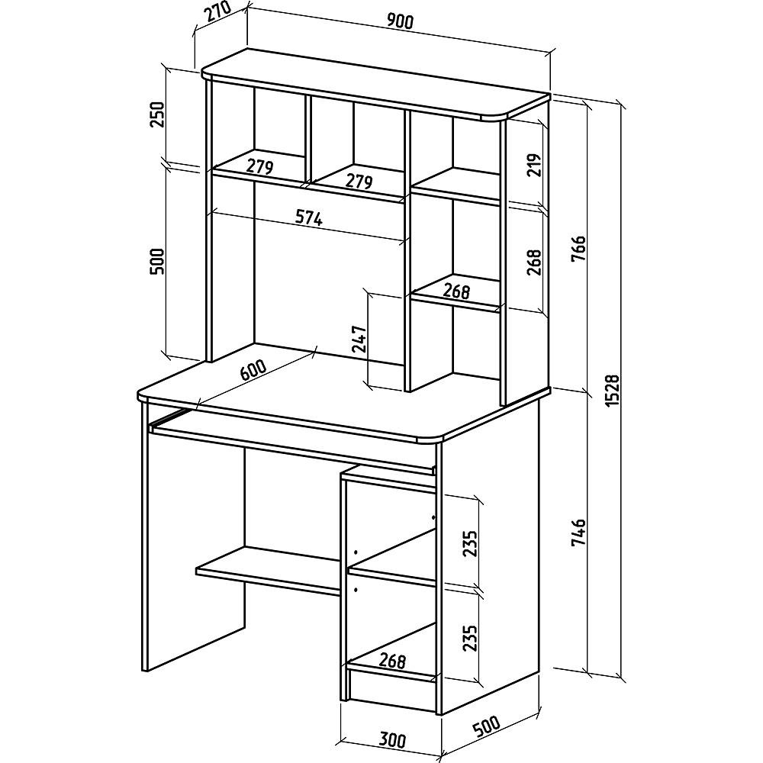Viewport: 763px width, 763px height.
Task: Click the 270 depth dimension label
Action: coord(217,15)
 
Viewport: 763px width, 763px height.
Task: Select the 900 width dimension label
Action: coord(400,21)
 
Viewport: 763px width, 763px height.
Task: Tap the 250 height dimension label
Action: coord(156,114)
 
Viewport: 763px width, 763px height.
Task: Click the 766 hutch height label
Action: coord(578,250)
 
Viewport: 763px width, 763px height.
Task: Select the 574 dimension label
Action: coord(310,218)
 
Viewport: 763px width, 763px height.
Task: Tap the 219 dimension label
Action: coord(534,166)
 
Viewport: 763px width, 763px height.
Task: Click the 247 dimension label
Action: coord(359,339)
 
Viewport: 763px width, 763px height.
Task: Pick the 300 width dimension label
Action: coord(391,741)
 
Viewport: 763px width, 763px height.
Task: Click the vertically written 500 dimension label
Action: coord(156,261)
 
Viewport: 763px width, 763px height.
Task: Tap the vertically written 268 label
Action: coord(534,262)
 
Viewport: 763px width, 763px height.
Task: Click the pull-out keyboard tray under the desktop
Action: coord(292,443)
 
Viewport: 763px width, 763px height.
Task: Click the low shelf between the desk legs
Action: coord(269,569)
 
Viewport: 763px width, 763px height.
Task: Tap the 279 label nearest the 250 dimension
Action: coord(259,166)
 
